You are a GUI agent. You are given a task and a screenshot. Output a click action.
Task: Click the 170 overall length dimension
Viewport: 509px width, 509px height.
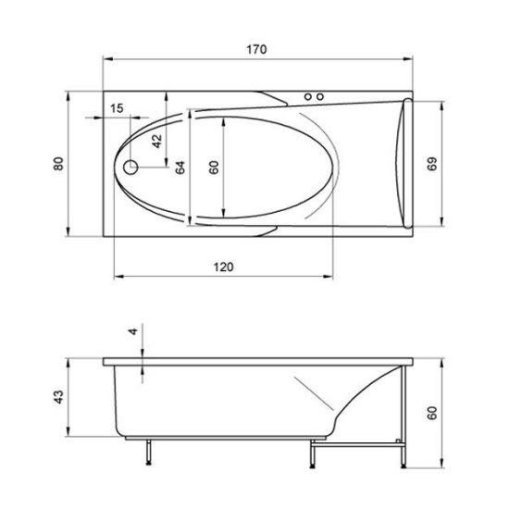pos(257,50)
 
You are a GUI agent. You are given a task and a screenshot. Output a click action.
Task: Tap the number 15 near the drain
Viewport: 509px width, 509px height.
pos(116,108)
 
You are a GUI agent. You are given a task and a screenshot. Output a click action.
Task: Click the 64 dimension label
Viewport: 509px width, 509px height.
pos(181,168)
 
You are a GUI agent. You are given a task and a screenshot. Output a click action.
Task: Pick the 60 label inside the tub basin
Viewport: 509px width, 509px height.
pos(214,168)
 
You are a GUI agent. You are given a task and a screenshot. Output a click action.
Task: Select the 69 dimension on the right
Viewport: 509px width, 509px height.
pos(431,162)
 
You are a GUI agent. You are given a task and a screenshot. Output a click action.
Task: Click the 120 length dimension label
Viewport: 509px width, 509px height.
pos(222,267)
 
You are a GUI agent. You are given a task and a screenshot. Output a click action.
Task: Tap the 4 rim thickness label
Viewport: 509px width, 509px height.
pos(132,330)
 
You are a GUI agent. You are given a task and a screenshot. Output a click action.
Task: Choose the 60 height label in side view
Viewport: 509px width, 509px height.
pos(431,410)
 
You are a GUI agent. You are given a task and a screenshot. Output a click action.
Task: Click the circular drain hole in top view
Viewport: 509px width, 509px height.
pos(130,168)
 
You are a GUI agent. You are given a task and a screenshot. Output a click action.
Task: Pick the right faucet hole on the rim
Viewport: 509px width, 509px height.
pos(322,95)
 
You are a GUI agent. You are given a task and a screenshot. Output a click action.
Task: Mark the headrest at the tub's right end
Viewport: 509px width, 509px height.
pos(400,162)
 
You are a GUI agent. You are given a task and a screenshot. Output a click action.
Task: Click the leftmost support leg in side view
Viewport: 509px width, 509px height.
pos(147,453)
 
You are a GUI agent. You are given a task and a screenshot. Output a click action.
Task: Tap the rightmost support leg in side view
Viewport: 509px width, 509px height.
pos(400,453)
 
